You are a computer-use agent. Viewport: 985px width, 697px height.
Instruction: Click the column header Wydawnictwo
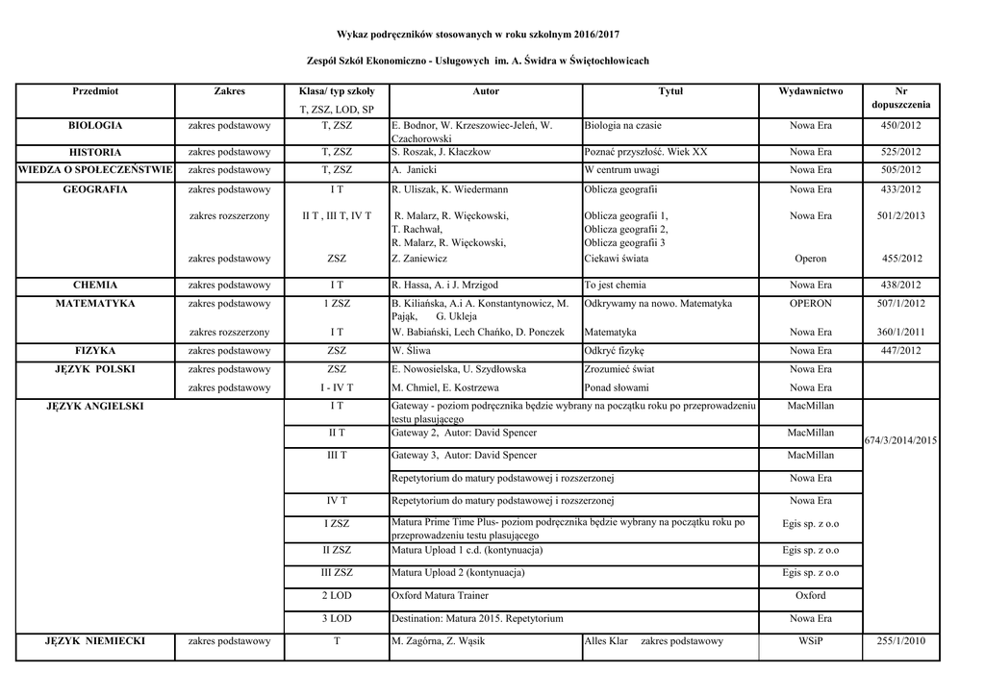coord(810,91)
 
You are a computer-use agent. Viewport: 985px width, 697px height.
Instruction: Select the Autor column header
coord(486,91)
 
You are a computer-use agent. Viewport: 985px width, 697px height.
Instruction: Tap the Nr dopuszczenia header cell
coord(900,97)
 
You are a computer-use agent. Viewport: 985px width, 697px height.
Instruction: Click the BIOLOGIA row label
coord(95,126)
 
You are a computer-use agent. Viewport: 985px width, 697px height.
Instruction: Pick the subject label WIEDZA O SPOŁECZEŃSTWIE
coord(95,170)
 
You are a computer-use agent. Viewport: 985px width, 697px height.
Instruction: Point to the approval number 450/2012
coord(900,126)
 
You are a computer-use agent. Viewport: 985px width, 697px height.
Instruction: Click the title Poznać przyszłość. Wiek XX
coord(645,153)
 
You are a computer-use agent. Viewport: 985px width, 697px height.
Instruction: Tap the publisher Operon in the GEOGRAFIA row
coord(810,259)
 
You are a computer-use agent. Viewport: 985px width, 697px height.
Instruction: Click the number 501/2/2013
coord(900,216)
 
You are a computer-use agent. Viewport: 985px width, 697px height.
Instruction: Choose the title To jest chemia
coord(615,286)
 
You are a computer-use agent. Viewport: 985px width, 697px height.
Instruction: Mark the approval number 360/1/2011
coord(900,332)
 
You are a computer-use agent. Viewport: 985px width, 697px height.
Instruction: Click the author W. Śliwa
coord(411,351)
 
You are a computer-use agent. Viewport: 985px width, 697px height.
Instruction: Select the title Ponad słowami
coord(616,387)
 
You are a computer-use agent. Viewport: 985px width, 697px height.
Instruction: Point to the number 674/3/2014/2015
coord(900,440)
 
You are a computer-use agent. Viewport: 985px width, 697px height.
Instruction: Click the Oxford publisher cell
coord(810,596)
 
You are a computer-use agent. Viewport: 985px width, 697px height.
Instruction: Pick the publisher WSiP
coord(810,641)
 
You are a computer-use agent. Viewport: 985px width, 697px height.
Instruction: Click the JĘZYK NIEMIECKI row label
coord(95,641)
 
